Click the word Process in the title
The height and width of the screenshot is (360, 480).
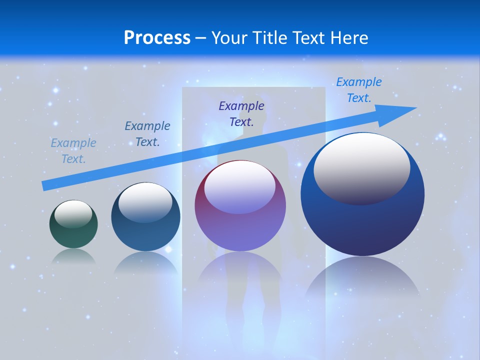click(157, 37)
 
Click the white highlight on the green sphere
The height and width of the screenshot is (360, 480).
click(73, 214)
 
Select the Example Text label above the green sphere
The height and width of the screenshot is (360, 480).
click(73, 151)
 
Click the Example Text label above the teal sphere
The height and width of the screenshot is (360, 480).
click(147, 134)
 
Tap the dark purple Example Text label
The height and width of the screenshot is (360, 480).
click(241, 113)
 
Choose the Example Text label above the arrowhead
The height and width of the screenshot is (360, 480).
click(359, 90)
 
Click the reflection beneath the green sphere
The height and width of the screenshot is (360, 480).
click(73, 256)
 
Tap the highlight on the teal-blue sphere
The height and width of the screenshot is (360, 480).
click(145, 202)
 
